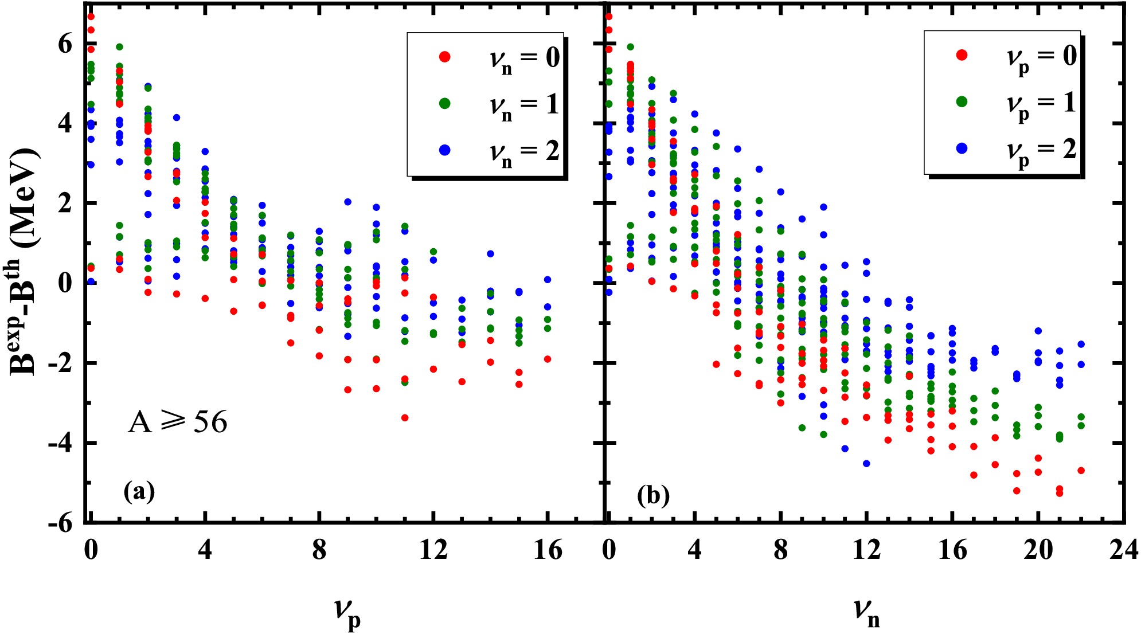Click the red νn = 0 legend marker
point(444,57)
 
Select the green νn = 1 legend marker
point(444,104)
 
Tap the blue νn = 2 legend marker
point(444,150)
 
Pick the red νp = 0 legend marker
point(962,55)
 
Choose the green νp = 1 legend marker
point(962,101)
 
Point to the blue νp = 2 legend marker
point(962,148)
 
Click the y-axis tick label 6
point(65,44)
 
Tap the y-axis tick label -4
point(59,443)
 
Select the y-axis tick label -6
point(59,523)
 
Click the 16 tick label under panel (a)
point(548,551)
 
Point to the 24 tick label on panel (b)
point(1123,551)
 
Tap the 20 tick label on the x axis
point(1038,551)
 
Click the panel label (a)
point(139,491)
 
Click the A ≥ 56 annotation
point(178,422)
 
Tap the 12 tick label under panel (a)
point(433,551)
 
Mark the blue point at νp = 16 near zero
point(548,280)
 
